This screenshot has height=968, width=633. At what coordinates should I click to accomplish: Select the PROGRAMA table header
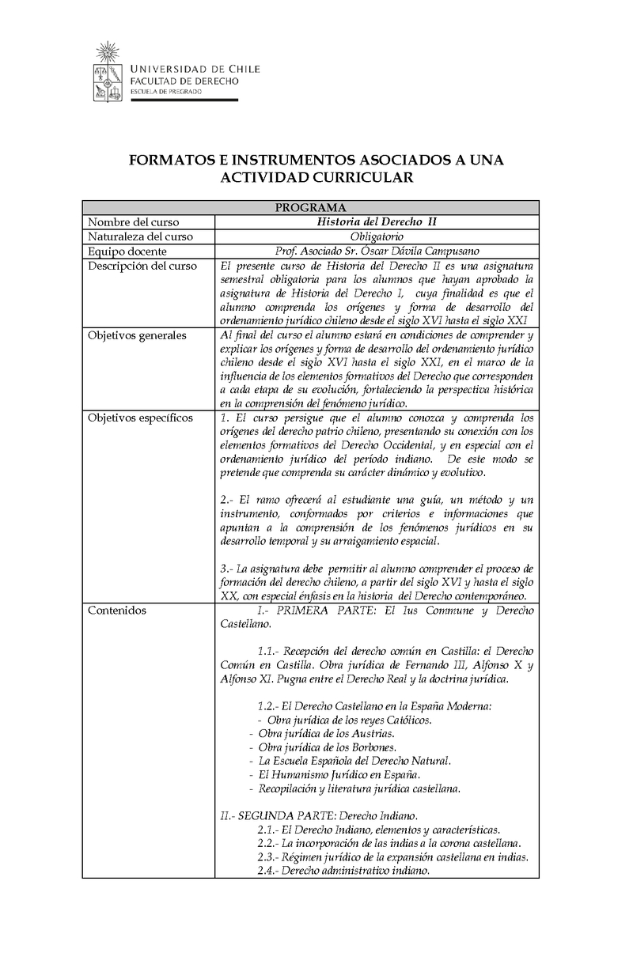[x=310, y=207]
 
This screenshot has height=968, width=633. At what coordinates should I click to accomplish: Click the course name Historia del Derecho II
[x=377, y=222]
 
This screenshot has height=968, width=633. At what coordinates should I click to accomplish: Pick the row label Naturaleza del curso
[x=140, y=236]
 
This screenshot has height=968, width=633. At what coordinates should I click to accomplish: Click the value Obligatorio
[x=377, y=236]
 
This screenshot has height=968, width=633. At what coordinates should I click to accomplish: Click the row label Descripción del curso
[x=142, y=266]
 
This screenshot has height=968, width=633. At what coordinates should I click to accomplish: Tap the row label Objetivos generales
[x=137, y=335]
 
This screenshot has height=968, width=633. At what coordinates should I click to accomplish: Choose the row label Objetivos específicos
[x=140, y=418]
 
